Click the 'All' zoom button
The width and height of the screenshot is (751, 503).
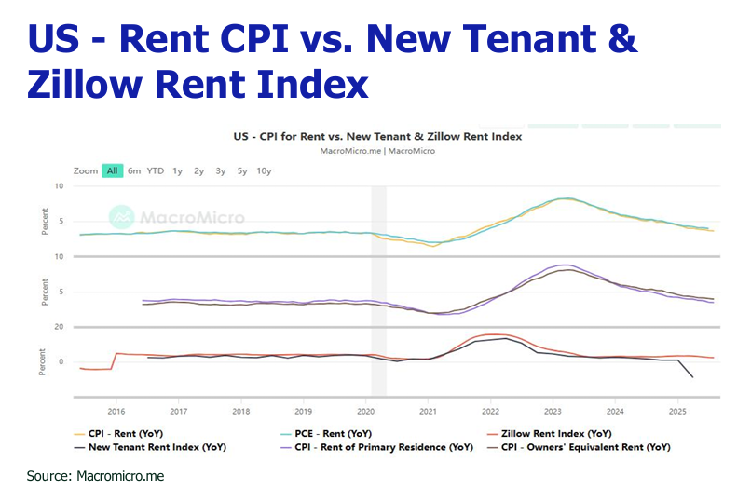[112, 171]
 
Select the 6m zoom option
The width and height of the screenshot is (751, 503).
[134, 171]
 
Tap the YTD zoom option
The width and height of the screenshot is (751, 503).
[156, 171]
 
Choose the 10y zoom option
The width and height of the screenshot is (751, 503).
[264, 171]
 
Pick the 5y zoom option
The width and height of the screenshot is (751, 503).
[242, 171]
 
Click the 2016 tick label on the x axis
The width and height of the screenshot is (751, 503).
[116, 410]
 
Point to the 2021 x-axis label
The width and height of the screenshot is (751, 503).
[429, 410]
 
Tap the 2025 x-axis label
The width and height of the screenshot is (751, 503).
[677, 410]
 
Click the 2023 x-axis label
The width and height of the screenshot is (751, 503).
[553, 410]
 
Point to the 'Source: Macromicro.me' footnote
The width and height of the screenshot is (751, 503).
[95, 476]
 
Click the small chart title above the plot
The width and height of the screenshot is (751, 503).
[377, 136]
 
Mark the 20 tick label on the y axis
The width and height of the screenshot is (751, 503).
[58, 327]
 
